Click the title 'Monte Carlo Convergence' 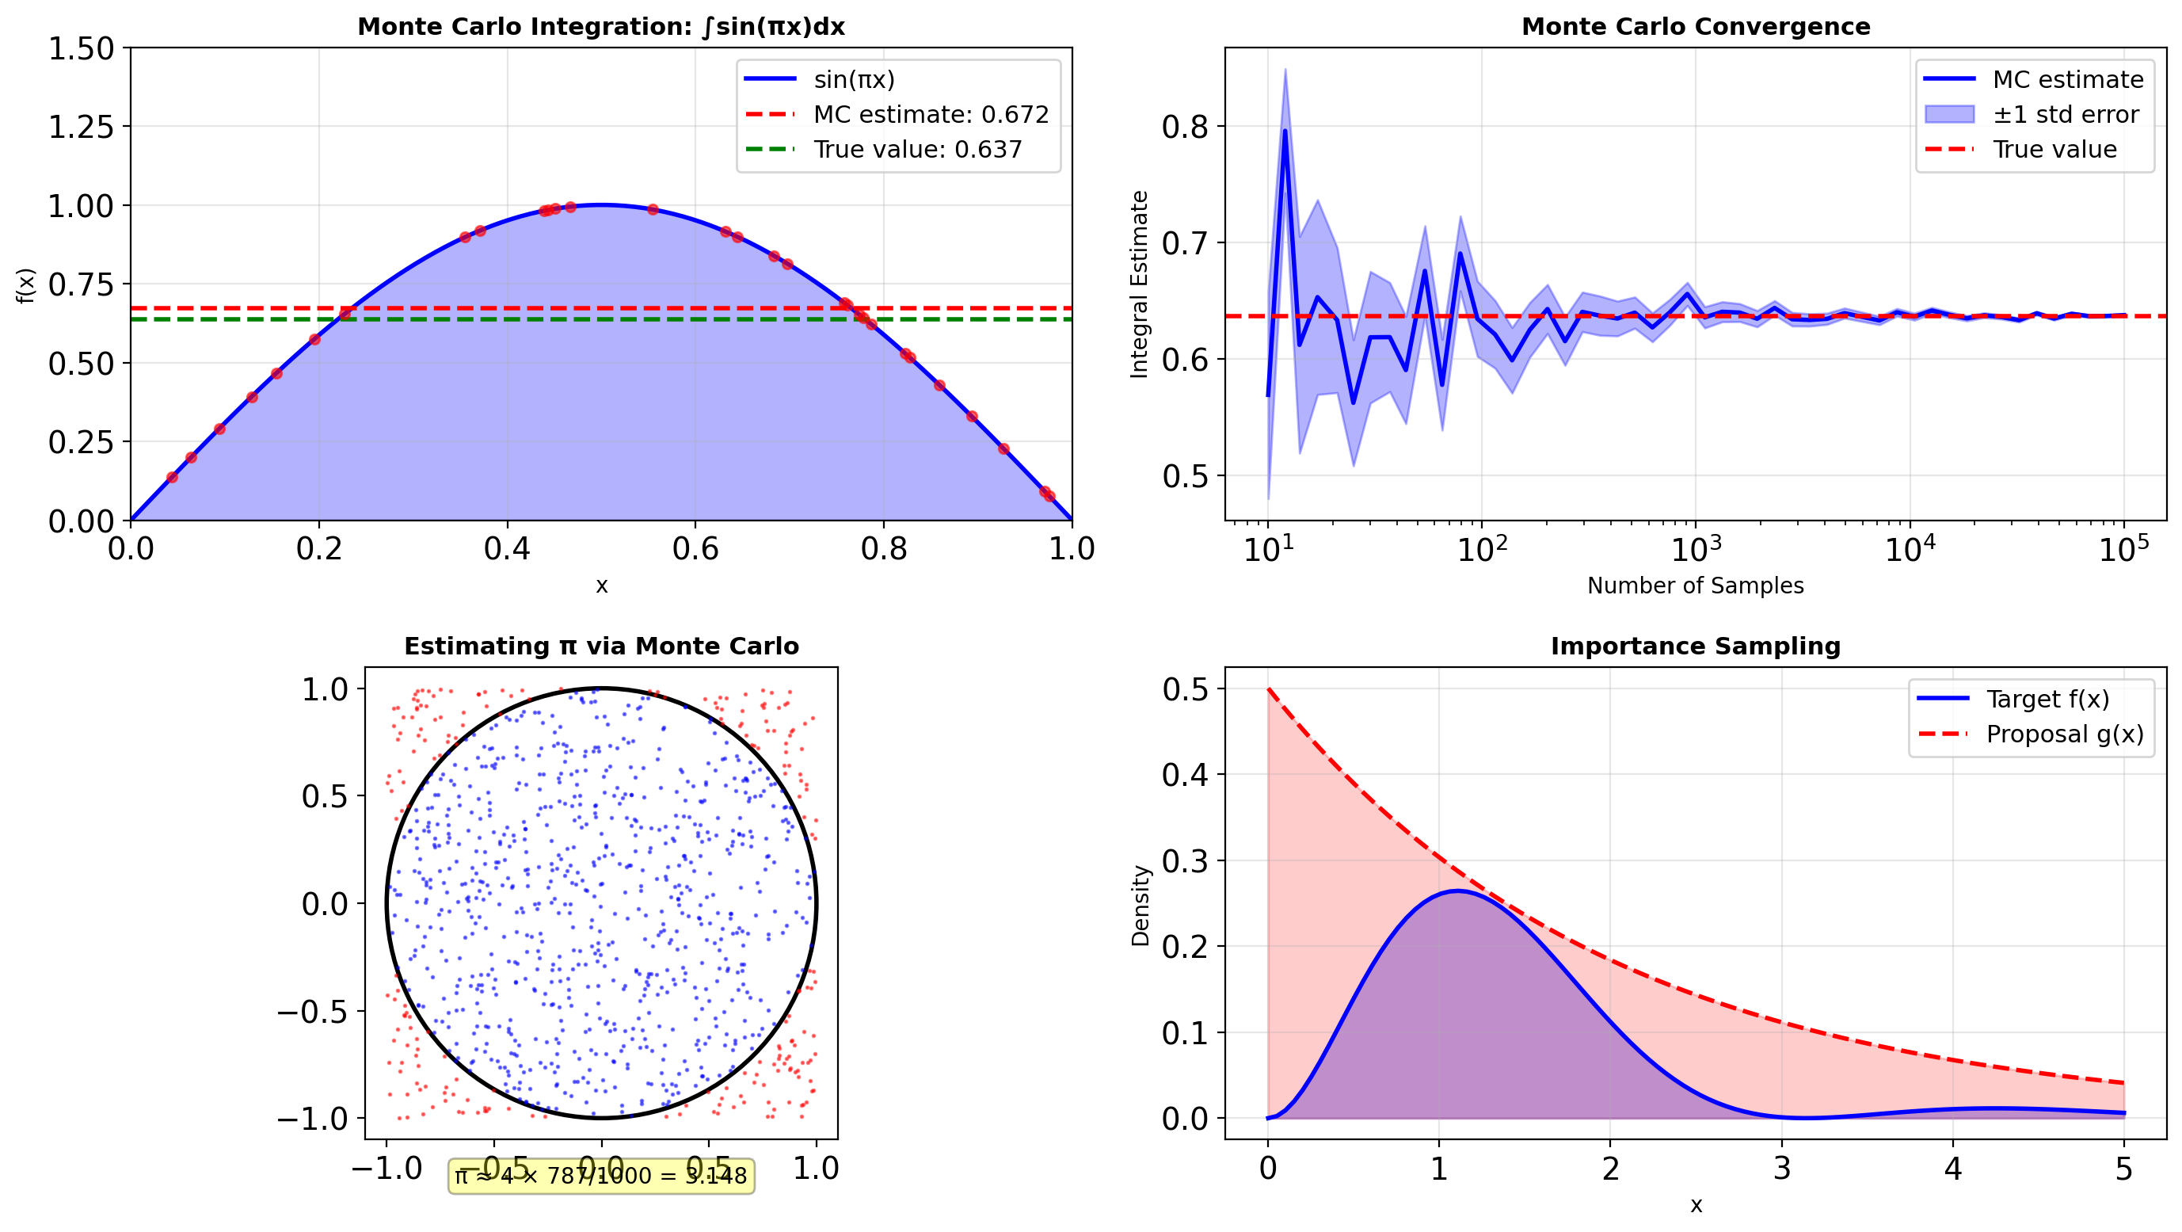point(1695,27)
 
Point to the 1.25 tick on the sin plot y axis point(81,127)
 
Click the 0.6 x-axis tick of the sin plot point(695,549)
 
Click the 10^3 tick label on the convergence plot point(1695,550)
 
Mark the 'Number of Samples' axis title point(1695,585)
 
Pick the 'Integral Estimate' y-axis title point(1139,284)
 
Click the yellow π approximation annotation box point(600,1176)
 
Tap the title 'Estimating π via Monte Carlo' point(600,647)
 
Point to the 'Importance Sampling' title point(1695,647)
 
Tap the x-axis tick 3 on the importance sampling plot point(1781,1169)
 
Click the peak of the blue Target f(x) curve point(1457,891)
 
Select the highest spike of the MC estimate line point(1285,131)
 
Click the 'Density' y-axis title point(1141,905)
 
